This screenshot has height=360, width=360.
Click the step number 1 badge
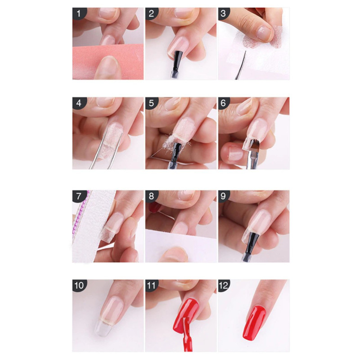tap(79, 13)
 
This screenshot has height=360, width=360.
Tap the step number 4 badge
tap(79, 103)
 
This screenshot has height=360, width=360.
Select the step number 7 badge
tap(79, 196)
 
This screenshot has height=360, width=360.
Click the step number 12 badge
tap(224, 285)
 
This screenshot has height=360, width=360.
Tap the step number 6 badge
tap(224, 103)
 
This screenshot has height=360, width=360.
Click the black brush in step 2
tap(177, 60)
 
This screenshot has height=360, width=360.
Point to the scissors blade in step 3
tap(241, 66)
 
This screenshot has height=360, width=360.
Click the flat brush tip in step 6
tap(255, 144)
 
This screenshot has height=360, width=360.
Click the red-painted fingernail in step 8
tap(155, 207)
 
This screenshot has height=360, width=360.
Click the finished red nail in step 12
tap(254, 323)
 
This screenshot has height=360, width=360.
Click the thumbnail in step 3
tap(264, 33)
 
